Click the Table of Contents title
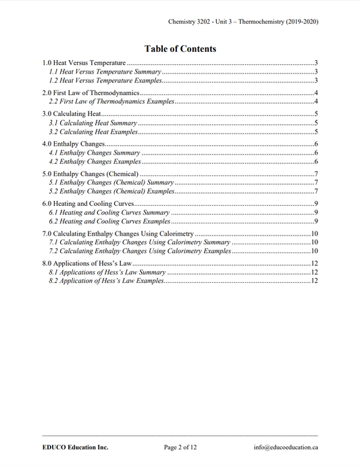click(x=180, y=49)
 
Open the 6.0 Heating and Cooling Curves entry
click(x=88, y=203)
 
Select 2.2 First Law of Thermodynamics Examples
click(x=111, y=101)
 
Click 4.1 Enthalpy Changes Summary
click(x=95, y=153)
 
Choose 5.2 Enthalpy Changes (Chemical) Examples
click(x=112, y=191)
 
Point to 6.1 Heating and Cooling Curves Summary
click(x=109, y=212)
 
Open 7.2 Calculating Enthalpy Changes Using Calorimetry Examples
click(x=140, y=250)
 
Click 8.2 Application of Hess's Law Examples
click(x=106, y=280)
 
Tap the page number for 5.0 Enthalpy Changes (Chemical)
click(x=316, y=173)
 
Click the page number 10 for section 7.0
click(x=314, y=233)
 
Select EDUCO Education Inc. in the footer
click(x=74, y=447)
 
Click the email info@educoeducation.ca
click(x=286, y=447)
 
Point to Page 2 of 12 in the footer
click(x=180, y=447)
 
